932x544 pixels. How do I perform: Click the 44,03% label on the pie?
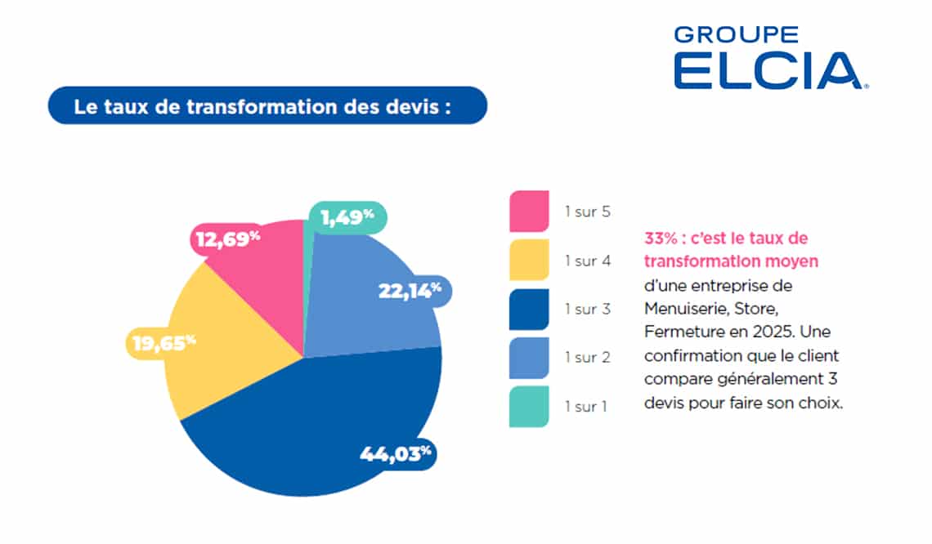point(395,453)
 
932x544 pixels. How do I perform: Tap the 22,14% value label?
point(409,289)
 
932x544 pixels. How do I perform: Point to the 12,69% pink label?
point(226,239)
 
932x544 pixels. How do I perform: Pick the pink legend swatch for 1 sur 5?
point(528,212)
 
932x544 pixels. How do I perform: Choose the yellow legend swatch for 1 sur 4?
point(528,260)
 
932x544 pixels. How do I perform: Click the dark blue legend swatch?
point(528,308)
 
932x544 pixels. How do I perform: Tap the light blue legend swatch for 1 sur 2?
point(528,356)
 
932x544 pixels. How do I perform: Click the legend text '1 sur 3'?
point(587,310)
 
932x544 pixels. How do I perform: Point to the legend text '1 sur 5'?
point(587,212)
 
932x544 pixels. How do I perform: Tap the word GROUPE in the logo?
point(736,34)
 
